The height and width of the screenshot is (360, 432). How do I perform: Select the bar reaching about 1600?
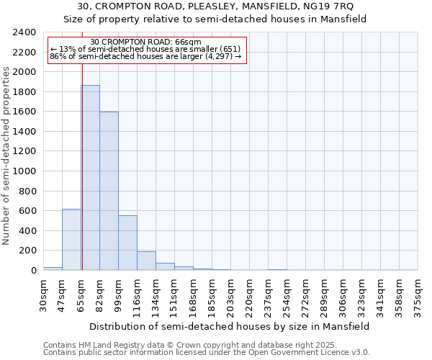109,191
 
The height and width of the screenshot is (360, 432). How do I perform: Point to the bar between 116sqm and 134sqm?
146,261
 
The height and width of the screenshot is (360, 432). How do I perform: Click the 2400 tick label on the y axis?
24,32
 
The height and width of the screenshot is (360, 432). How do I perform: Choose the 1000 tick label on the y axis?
24,171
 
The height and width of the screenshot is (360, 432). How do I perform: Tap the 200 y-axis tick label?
27,251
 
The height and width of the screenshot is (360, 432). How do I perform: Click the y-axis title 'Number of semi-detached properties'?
7,156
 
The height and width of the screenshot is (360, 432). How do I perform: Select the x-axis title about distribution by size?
230,326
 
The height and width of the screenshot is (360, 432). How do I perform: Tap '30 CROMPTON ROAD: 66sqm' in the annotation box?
146,42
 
